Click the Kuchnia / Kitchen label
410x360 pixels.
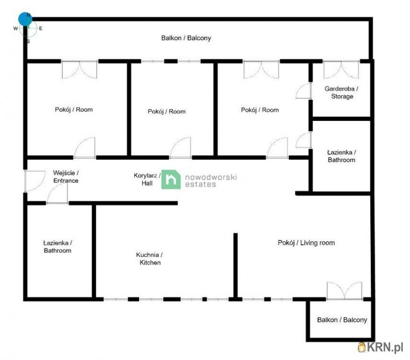point(150,259)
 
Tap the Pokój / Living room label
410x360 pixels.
point(306,243)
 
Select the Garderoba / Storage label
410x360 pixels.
point(342,93)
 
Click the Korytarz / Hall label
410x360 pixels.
point(147,180)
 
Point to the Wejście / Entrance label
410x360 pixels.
point(66,177)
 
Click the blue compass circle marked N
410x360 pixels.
point(25,19)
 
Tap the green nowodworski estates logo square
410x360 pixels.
point(171,180)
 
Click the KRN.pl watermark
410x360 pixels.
point(380,348)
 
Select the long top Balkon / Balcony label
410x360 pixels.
point(186,38)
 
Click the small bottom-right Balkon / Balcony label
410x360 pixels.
point(342,320)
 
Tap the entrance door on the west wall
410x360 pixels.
point(35,181)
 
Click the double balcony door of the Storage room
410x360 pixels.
point(341,70)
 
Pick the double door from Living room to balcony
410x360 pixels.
point(345,290)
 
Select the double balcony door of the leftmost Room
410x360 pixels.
point(80,70)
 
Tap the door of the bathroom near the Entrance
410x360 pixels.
point(58,194)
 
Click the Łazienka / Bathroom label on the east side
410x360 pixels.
point(341,156)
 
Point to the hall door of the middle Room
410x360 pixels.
point(180,148)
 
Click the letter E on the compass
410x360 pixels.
point(41,28)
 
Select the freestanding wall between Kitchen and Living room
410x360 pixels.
point(235,265)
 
